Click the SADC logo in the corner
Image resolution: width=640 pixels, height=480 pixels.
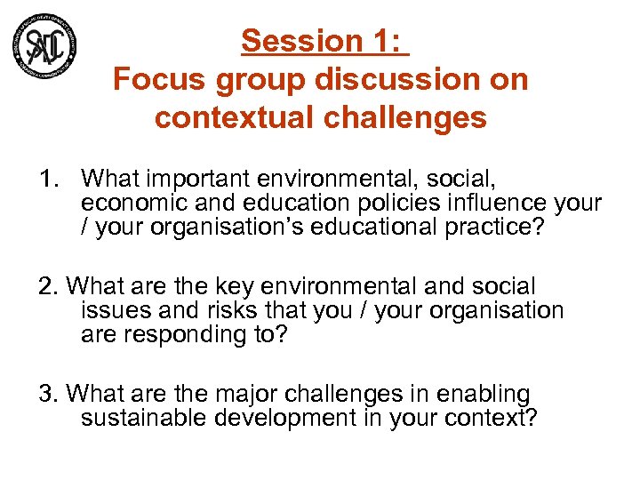point(44,44)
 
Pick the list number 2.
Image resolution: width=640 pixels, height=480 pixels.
point(47,286)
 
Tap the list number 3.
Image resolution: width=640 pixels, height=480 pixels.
point(47,393)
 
